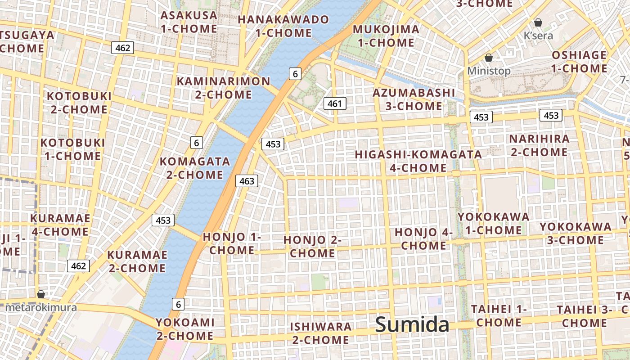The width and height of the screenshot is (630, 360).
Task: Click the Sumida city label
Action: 412,324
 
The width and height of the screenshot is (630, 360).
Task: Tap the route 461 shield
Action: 335,103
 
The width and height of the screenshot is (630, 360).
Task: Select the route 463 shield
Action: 247,181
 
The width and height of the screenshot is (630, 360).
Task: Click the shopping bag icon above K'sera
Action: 538,22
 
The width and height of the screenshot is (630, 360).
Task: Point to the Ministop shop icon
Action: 489,58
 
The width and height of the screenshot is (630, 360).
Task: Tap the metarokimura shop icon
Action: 41,294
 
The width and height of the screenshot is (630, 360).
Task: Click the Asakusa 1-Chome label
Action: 189,22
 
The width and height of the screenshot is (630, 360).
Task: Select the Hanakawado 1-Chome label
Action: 283,26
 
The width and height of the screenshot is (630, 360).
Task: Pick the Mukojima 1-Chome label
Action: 386,36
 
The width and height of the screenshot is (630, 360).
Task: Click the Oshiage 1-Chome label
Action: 579,62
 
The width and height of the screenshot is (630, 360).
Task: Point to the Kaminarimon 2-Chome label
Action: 224,88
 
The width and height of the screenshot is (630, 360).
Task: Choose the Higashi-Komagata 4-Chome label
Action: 418,161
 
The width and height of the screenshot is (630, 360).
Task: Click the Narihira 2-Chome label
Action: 539,145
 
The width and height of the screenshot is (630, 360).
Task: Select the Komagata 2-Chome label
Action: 195,168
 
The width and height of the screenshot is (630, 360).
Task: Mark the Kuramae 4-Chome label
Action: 60,225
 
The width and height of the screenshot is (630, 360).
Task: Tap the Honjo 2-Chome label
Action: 312,247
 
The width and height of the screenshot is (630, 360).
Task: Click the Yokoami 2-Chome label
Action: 185,329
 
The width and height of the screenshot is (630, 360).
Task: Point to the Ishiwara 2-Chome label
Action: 320,333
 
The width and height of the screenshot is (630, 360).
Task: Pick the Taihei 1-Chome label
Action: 499,316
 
